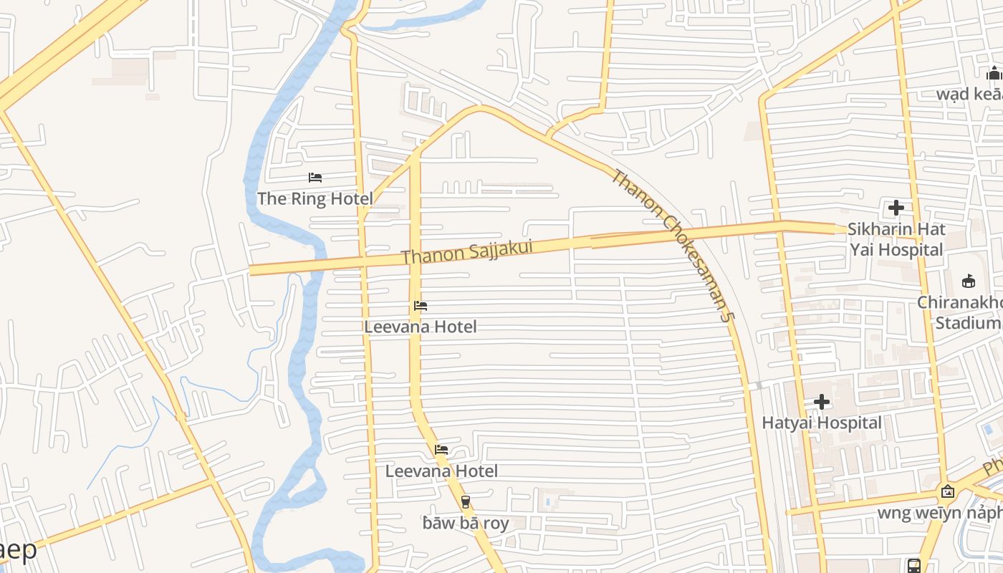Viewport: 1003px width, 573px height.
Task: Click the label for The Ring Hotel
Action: tap(315, 198)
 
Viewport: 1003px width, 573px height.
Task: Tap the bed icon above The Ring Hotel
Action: tap(315, 178)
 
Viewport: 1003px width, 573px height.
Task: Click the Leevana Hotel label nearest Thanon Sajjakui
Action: tap(421, 327)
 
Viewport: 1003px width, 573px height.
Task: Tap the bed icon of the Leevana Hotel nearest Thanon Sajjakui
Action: tap(421, 306)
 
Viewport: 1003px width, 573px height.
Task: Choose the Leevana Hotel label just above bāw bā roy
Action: tap(441, 471)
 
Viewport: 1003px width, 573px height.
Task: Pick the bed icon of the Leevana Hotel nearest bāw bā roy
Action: tap(441, 450)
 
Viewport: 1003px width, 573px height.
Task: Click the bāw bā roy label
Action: tap(466, 523)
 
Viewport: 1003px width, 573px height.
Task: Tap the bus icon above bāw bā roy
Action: tap(466, 502)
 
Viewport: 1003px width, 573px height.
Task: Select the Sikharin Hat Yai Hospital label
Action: tap(896, 239)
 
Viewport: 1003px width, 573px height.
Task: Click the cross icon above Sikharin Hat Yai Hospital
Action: tap(896, 208)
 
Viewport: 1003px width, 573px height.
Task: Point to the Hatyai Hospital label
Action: tap(822, 423)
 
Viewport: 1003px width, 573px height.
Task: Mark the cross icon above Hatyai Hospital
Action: tap(822, 402)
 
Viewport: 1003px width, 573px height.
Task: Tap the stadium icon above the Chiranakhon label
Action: tap(969, 281)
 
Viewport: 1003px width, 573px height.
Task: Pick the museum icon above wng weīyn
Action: tap(948, 491)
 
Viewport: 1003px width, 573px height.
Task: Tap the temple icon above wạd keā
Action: tap(994, 73)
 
